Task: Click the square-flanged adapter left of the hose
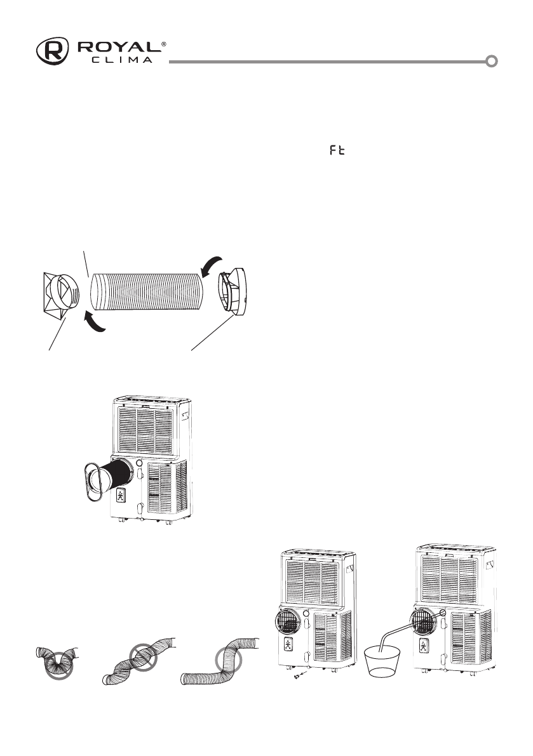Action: coord(60,295)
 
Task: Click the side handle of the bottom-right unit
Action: coord(489,566)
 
